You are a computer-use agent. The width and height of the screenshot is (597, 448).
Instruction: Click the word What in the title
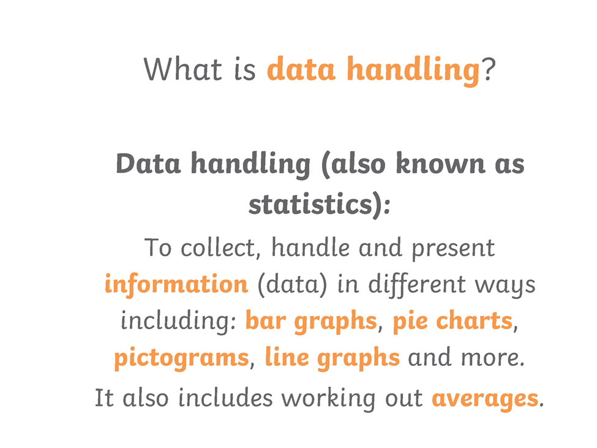(x=182, y=69)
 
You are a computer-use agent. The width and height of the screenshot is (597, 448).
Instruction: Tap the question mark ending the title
(x=489, y=69)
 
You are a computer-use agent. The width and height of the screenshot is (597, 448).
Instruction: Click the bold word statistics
(x=310, y=204)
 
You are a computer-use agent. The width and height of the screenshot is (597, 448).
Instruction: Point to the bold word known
(x=440, y=164)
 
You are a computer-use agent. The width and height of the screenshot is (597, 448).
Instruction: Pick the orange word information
(x=176, y=284)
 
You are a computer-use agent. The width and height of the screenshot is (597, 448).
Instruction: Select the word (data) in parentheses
(x=293, y=285)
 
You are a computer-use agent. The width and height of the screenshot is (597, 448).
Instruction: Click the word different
(x=417, y=285)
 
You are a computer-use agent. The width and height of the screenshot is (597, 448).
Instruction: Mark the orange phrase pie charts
(x=452, y=321)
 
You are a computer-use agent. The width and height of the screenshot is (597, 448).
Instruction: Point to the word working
(x=329, y=399)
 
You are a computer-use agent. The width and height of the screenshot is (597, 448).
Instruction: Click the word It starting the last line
(x=104, y=398)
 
